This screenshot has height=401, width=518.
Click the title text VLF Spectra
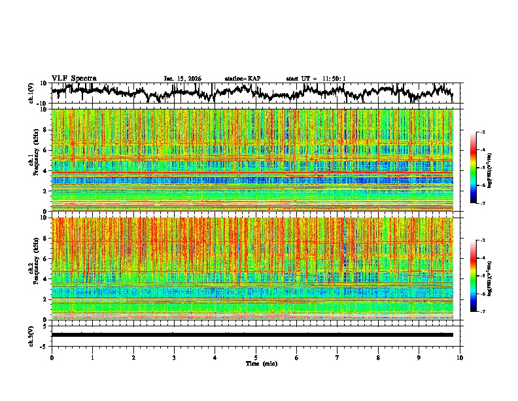click(x=74, y=79)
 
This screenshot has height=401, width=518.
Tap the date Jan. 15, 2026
click(x=182, y=79)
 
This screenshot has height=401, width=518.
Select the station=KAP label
click(x=242, y=79)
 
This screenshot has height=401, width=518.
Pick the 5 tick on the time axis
click(x=256, y=358)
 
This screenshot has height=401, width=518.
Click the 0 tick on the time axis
click(x=52, y=358)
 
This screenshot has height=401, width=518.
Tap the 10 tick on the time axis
click(x=460, y=358)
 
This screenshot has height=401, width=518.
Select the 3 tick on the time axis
click(x=174, y=358)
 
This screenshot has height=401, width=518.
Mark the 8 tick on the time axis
click(x=378, y=358)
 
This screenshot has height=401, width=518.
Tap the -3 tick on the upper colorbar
click(x=482, y=132)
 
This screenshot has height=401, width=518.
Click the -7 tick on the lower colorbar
click(x=482, y=312)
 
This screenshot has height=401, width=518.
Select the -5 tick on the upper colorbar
click(x=482, y=168)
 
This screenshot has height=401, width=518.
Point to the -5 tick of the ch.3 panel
click(x=44, y=345)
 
